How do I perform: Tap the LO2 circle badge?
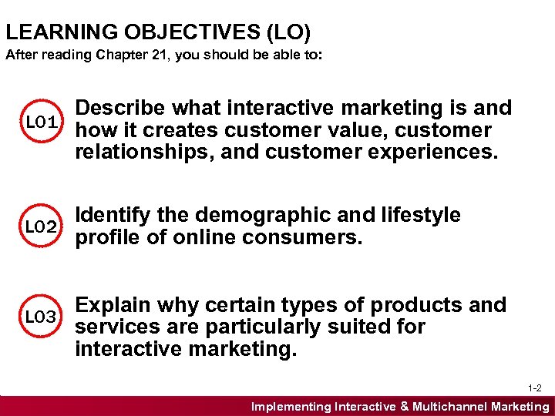tap(39, 226)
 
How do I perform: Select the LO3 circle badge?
tap(39, 317)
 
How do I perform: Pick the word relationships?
tap(144, 152)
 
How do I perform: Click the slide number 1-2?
tap(536, 387)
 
